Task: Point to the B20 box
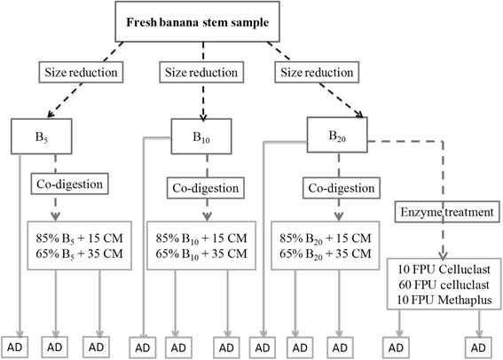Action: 338,137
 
